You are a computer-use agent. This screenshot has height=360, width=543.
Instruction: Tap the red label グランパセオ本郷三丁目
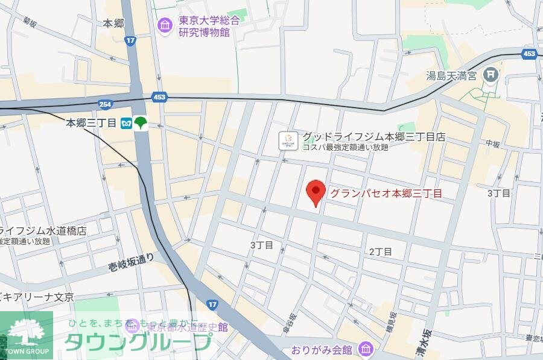click(386, 194)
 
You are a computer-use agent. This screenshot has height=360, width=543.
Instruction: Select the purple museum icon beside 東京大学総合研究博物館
click(165, 25)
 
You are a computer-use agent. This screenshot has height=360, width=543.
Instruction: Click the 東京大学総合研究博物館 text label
click(208, 26)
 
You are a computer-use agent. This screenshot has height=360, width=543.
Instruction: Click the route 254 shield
click(106, 104)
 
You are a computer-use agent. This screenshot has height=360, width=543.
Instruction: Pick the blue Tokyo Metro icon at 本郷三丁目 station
click(126, 122)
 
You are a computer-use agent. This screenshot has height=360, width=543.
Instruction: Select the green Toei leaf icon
click(141, 122)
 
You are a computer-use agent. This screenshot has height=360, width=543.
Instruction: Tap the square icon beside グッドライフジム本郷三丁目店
click(288, 141)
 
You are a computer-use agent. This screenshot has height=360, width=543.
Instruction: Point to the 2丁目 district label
click(380, 251)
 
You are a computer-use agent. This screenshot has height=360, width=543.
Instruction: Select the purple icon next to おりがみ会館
click(364, 349)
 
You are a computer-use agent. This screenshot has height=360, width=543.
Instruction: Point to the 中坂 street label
click(494, 144)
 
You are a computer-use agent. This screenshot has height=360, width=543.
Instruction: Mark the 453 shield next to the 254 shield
click(160, 97)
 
